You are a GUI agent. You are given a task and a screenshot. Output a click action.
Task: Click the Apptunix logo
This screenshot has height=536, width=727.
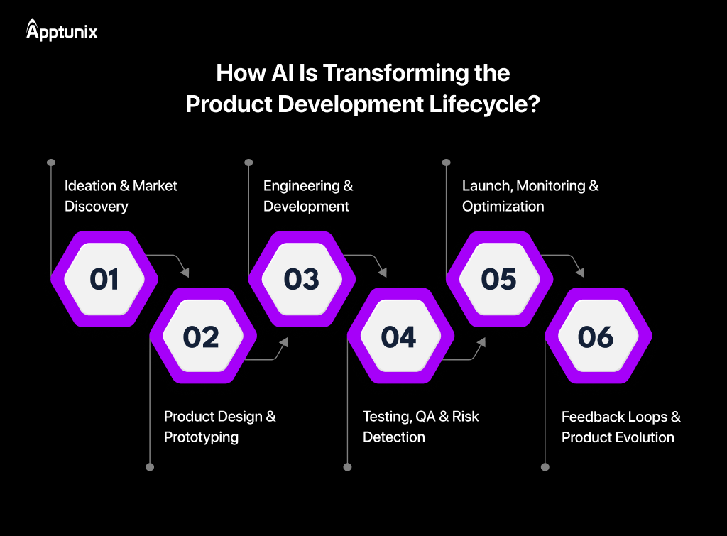point(62,31)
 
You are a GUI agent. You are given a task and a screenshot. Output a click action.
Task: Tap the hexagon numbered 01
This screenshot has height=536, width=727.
point(104,279)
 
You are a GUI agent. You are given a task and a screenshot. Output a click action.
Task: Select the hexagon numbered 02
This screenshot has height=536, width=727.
point(202,337)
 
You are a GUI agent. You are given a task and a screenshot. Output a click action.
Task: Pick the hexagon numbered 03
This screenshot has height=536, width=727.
point(301,279)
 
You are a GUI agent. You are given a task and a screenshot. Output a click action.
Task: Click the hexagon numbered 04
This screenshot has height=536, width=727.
point(400,337)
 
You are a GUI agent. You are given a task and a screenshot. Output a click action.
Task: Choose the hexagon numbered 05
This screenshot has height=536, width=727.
point(498,279)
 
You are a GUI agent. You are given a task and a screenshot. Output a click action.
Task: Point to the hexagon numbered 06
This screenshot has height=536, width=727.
point(597,337)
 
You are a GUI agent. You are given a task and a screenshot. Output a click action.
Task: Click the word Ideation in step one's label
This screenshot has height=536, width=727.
point(90,186)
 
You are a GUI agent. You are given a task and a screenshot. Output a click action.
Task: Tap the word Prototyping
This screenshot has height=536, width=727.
point(201,437)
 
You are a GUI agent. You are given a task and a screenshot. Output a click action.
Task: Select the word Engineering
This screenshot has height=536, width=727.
point(302,186)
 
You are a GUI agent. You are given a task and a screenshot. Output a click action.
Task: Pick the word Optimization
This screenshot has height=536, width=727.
point(503,207)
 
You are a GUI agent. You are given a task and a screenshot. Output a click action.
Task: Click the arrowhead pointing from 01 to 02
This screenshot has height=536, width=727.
point(185,272)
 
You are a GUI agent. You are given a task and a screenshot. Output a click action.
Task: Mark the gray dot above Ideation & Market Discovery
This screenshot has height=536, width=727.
point(51,163)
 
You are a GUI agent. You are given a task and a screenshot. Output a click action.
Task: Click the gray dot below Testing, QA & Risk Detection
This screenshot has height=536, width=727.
point(347,467)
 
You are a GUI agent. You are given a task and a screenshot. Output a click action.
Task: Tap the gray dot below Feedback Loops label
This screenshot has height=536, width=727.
point(545,467)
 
